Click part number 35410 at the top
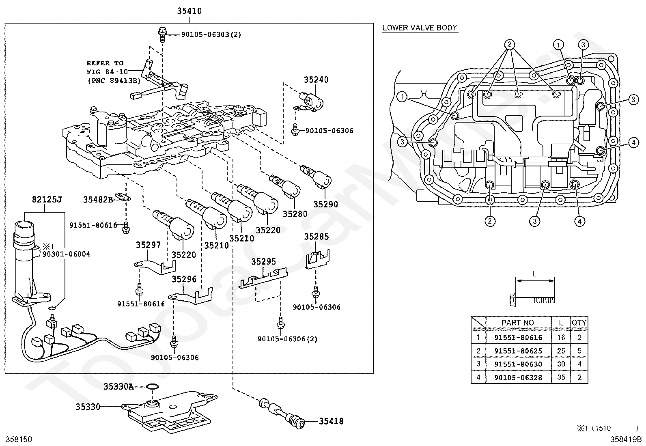189,11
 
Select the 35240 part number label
316,80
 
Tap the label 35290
325,204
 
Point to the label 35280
295,214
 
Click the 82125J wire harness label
47,200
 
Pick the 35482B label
98,200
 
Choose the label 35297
148,245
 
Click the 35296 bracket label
184,279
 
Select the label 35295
263,262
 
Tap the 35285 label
317,237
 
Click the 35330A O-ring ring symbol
152,387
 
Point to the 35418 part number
331,421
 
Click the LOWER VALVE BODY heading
420,28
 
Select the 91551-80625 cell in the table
518,351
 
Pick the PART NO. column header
518,323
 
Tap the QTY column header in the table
579,323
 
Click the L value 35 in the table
561,377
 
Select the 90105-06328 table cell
518,377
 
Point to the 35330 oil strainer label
87,406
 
